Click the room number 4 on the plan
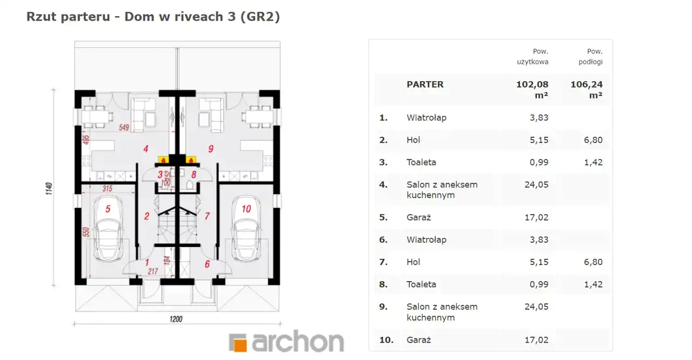tap(146, 149)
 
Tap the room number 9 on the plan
tap(211, 149)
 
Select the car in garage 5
tap(108, 229)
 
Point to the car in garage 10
tap(246, 229)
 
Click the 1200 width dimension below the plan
tap(176, 319)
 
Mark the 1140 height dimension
tap(49, 188)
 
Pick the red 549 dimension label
tap(124, 127)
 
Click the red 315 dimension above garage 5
tap(108, 188)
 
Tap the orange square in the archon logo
tap(241, 345)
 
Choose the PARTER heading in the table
tap(425, 84)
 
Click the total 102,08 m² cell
tap(533, 90)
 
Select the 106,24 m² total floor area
tap(587, 90)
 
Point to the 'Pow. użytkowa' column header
tap(533, 57)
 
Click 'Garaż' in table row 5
tap(418, 217)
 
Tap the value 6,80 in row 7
tap(593, 262)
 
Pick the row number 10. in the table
tap(386, 340)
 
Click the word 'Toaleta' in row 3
tap(421, 162)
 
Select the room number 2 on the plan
tap(147, 216)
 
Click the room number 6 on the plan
tap(207, 264)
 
